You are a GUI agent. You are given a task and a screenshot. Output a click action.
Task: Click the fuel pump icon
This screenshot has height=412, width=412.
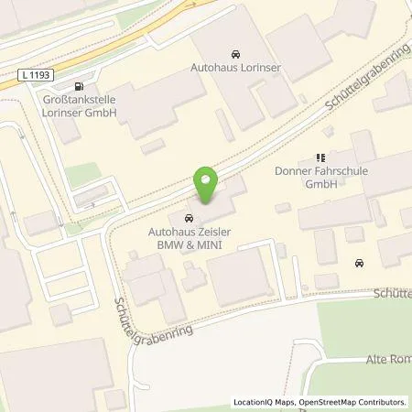point(87,80)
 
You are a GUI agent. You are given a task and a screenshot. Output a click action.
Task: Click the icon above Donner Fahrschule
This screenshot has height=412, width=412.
point(320,157)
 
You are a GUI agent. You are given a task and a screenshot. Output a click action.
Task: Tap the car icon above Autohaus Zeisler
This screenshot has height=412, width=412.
point(189,218)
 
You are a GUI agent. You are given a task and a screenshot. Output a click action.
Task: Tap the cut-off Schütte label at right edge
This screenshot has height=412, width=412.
point(393,294)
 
